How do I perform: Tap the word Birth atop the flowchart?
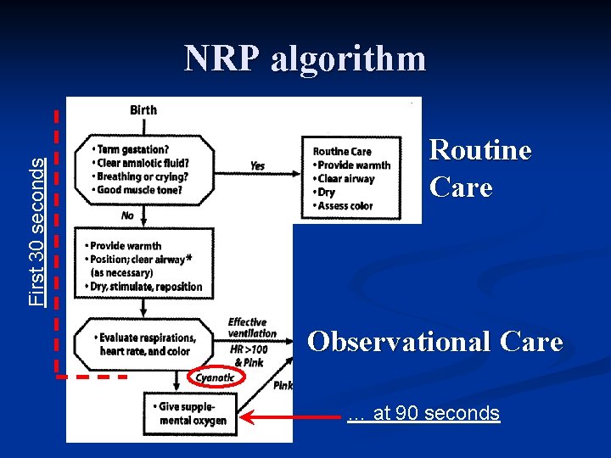(143, 109)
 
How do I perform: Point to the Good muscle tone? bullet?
(141, 190)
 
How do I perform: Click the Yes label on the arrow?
(257, 165)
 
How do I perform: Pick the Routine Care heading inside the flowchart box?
(342, 152)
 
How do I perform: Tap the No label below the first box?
(127, 215)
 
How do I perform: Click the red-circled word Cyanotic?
(216, 377)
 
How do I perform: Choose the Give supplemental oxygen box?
(190, 413)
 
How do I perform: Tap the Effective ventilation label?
(247, 327)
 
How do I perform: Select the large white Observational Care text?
(434, 342)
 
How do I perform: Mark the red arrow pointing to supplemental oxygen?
(289, 416)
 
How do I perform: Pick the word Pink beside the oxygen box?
(283, 386)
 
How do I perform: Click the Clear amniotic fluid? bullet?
(142, 164)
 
